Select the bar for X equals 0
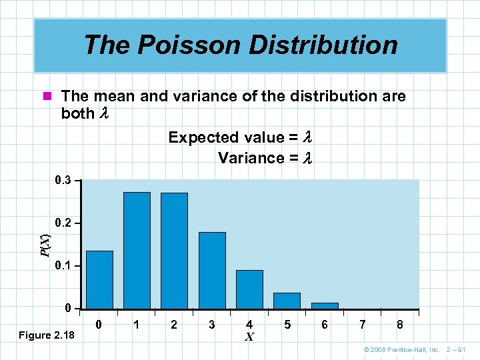99,280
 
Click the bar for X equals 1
137,251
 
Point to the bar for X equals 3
212,271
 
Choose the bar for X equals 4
249,289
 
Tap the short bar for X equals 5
287,301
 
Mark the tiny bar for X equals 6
325,306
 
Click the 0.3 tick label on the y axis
63,180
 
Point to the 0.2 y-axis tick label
63,223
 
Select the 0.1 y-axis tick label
63,266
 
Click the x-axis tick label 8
399,325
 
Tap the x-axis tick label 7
362,325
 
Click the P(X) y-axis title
45,245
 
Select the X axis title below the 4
249,337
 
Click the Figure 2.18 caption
47,334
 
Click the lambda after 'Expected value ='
307,137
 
